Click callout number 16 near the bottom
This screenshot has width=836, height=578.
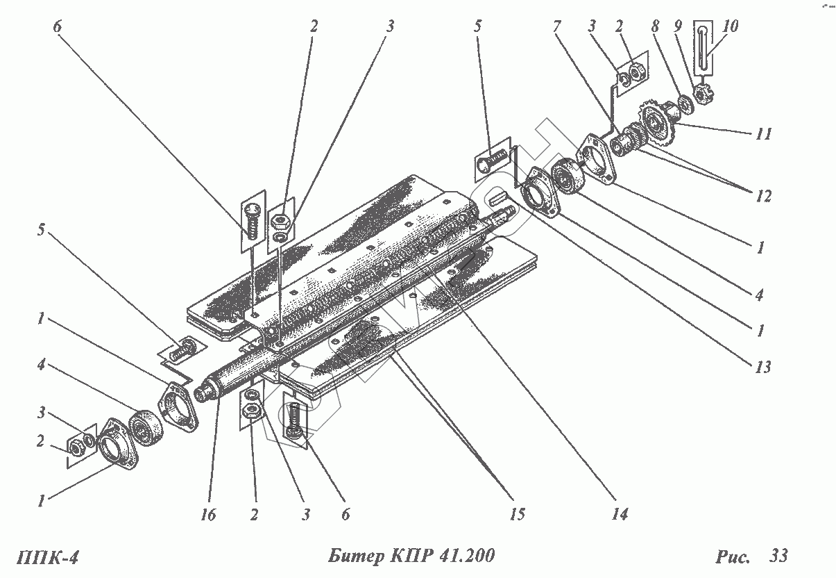207,515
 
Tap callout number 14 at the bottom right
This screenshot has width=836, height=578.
620,514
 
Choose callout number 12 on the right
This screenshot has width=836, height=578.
763,197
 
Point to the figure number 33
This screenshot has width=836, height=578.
778,556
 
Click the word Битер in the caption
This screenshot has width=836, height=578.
353,556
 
